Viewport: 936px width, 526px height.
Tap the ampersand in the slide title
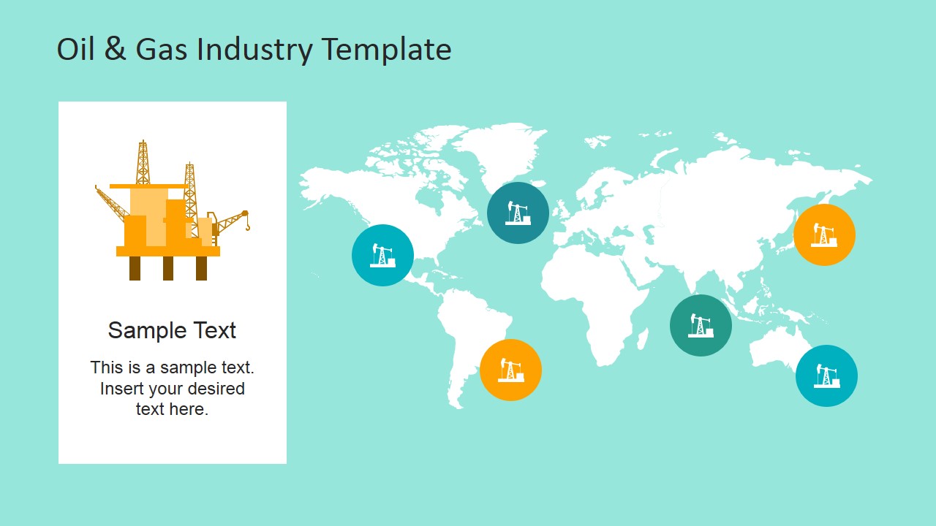coord(115,48)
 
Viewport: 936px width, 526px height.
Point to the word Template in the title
coord(387,51)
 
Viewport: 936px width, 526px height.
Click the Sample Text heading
coord(172,330)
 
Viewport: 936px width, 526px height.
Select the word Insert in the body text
coord(121,388)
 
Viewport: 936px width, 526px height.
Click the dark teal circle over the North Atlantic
coord(518,213)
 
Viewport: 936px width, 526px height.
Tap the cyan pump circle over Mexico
coord(382,255)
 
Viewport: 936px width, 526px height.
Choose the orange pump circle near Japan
coord(824,235)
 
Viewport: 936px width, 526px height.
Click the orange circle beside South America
coord(510,370)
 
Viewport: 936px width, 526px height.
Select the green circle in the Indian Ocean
coord(701,325)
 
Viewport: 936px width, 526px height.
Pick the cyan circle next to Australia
coord(826,376)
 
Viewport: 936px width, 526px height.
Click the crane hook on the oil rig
coord(247,226)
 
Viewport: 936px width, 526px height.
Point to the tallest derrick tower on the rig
coord(143,162)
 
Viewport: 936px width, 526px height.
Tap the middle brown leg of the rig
coord(168,268)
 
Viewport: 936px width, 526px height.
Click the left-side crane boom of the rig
coord(112,203)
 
